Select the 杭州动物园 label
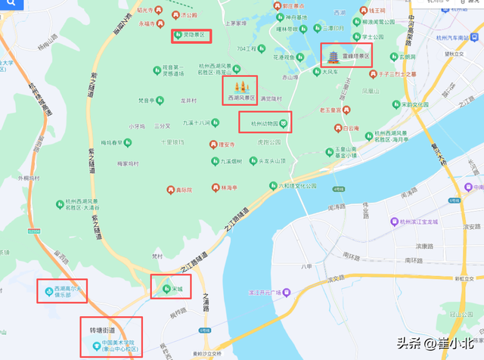click(260, 123)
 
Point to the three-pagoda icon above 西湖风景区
click(242, 86)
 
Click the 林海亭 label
click(230, 188)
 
